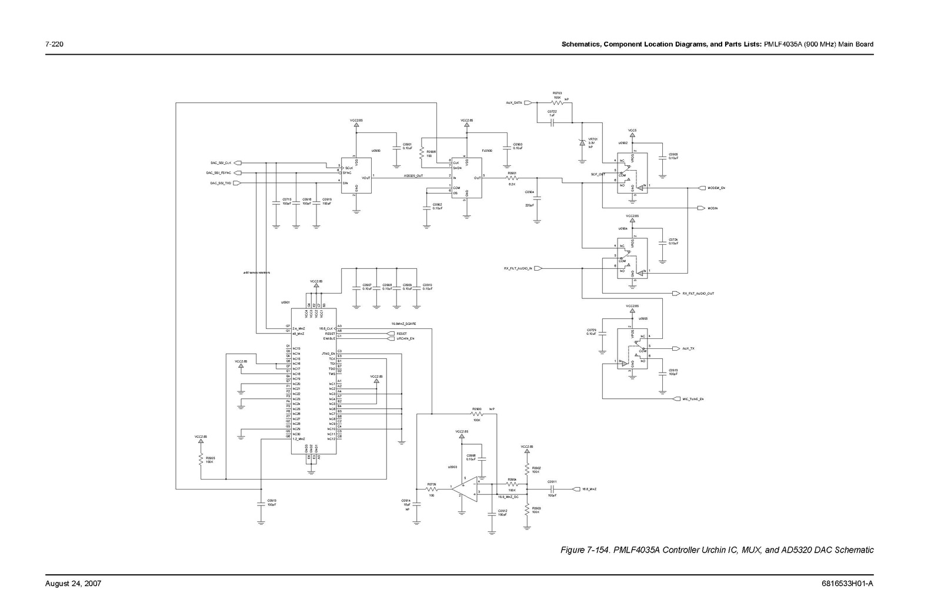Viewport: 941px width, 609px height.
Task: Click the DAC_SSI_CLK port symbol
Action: pos(238,163)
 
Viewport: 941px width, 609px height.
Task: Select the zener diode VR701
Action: pos(582,142)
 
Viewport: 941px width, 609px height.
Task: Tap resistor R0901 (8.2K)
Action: pos(512,178)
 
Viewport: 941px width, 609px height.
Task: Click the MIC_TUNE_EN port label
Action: pos(693,399)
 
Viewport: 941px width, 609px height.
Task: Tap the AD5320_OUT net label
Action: pos(414,175)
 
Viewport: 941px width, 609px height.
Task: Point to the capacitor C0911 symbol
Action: pos(552,489)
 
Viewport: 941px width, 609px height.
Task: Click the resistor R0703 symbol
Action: pos(556,103)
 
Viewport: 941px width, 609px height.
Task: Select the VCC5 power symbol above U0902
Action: pos(632,135)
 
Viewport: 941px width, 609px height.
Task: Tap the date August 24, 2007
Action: pos(74,584)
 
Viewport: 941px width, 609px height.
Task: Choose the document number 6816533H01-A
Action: pos(847,584)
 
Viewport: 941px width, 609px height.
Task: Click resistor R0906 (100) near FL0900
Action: pos(422,154)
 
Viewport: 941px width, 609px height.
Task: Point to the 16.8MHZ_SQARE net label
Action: pos(404,324)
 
